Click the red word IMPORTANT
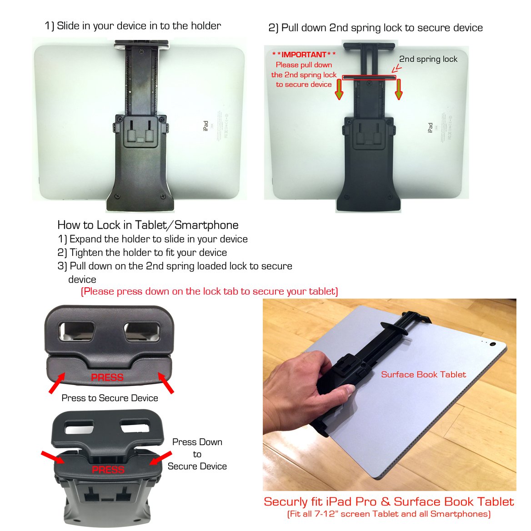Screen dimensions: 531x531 (x=304, y=55)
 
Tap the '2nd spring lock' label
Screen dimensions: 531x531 (x=428, y=59)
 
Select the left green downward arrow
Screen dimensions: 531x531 (x=339, y=89)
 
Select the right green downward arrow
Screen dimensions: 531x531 (x=399, y=89)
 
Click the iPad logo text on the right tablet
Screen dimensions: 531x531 (x=430, y=128)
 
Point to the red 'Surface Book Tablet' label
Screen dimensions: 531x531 (x=423, y=375)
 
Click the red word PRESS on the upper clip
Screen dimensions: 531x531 (x=107, y=377)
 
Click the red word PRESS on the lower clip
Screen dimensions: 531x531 (x=108, y=470)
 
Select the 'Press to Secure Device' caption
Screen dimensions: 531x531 (x=110, y=398)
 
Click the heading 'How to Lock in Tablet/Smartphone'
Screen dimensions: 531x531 (x=148, y=225)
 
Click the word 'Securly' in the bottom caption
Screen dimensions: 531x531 (x=286, y=502)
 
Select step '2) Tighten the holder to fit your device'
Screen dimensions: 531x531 (x=142, y=253)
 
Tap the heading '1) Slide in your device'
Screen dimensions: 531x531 (x=133, y=26)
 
